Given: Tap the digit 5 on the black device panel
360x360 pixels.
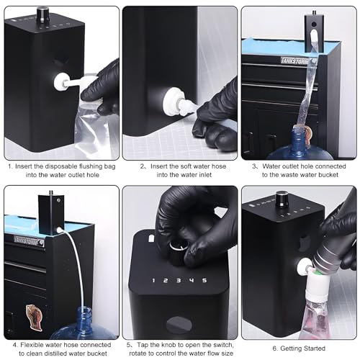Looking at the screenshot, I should (204, 280).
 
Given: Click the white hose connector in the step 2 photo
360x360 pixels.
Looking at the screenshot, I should (177, 105).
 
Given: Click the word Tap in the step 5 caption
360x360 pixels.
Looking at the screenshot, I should (139, 347).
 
